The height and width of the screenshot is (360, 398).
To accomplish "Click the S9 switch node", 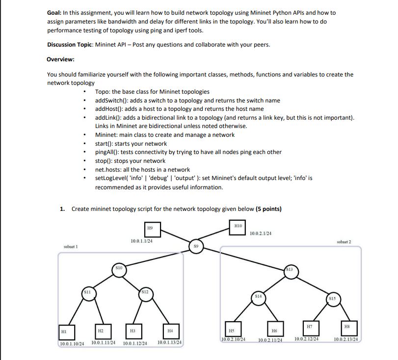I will [195, 245].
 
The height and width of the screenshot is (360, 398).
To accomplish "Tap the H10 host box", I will [238, 227].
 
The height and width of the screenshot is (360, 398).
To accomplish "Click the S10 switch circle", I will [118, 269].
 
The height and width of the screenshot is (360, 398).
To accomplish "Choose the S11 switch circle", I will [87, 294].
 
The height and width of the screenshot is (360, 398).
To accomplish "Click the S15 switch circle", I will [333, 299].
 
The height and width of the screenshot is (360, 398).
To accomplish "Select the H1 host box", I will [64, 332].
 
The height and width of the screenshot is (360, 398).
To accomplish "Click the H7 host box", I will [310, 327].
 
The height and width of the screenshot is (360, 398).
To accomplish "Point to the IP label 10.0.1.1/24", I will [141, 241].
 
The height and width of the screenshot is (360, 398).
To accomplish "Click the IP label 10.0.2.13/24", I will [346, 339].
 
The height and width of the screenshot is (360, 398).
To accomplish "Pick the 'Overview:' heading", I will [60, 59].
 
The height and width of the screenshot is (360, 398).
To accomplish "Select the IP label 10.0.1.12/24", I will [135, 343].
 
